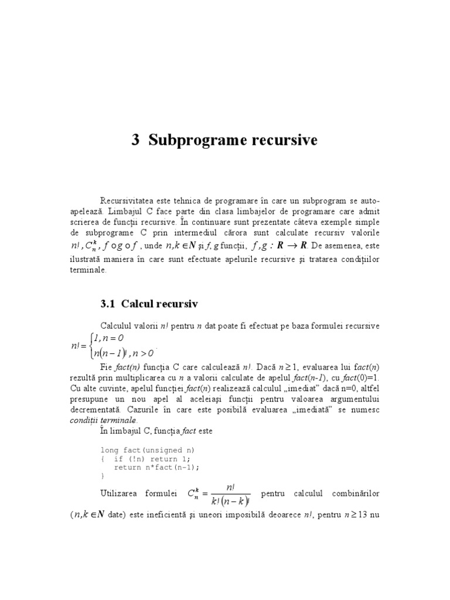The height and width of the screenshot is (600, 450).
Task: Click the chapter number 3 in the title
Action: tap(135, 141)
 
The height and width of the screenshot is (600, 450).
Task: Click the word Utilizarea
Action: tap(124, 493)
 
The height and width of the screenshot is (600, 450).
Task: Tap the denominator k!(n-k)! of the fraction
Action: tap(230, 502)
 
